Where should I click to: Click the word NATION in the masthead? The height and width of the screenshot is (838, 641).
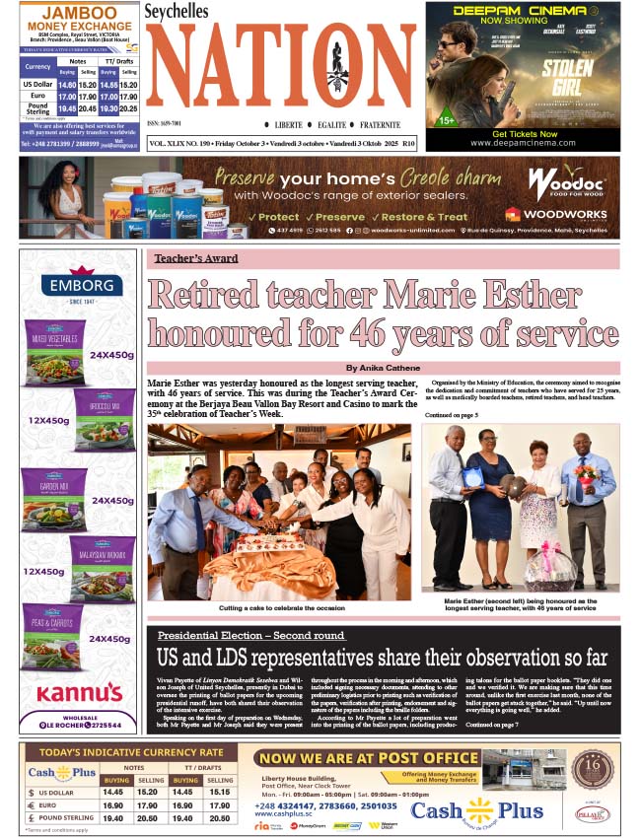tap(281, 69)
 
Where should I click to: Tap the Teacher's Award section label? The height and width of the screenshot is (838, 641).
tap(195, 258)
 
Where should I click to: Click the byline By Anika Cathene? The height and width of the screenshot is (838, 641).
tap(383, 368)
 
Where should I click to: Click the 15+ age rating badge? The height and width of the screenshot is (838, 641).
tap(446, 120)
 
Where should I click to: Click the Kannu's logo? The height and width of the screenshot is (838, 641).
tap(83, 692)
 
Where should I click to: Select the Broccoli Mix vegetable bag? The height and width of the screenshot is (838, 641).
tap(105, 421)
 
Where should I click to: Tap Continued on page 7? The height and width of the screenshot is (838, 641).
tap(492, 725)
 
